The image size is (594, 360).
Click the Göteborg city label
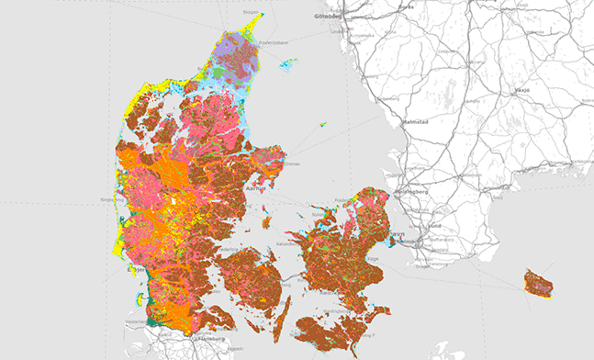[x=327, y=16]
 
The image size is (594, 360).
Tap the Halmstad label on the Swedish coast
[x=417, y=122]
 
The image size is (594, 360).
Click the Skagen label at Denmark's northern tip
[x=250, y=13]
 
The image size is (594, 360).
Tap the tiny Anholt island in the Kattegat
[x=322, y=125]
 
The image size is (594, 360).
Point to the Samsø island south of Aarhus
[x=266, y=221]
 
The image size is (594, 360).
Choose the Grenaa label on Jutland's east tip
[x=293, y=164]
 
